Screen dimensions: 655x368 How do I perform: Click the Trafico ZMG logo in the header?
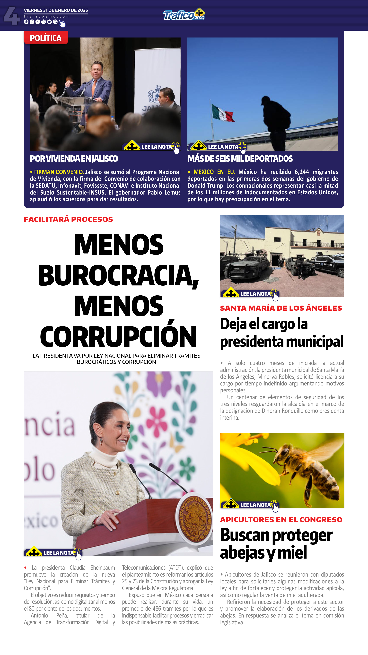[x=184, y=15]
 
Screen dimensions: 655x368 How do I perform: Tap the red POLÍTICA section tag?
[x=46, y=38]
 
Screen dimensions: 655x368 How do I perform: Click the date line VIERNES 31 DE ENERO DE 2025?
[x=56, y=10]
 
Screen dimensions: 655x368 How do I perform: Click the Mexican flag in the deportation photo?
[x=223, y=113]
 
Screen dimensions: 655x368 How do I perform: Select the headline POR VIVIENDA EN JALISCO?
[x=74, y=159]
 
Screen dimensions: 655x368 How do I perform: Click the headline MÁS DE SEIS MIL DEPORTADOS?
[x=240, y=159]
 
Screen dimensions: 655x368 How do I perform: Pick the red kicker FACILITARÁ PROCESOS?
[x=68, y=219]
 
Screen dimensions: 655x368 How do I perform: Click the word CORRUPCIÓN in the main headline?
[x=118, y=336]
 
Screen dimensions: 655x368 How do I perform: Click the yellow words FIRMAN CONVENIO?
[x=59, y=172]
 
